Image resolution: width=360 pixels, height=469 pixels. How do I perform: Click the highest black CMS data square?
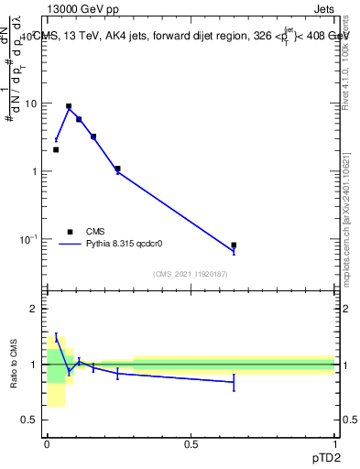69,106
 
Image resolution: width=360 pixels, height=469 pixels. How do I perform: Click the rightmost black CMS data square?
234,245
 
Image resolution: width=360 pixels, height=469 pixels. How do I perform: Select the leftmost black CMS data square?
56,149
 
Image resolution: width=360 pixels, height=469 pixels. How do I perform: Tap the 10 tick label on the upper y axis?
31,104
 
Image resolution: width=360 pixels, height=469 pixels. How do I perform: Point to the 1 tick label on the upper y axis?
35,171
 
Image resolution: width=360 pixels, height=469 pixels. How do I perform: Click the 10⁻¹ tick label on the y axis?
29,239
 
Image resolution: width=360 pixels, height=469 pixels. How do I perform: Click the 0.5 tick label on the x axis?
191,444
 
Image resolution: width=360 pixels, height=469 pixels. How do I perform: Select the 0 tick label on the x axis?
47,444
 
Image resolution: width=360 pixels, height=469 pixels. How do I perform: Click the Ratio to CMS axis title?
14,364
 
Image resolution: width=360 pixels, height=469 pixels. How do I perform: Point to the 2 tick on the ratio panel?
35,309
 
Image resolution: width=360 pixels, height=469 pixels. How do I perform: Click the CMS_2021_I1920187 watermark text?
191,274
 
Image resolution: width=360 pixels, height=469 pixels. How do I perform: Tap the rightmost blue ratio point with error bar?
234,381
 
